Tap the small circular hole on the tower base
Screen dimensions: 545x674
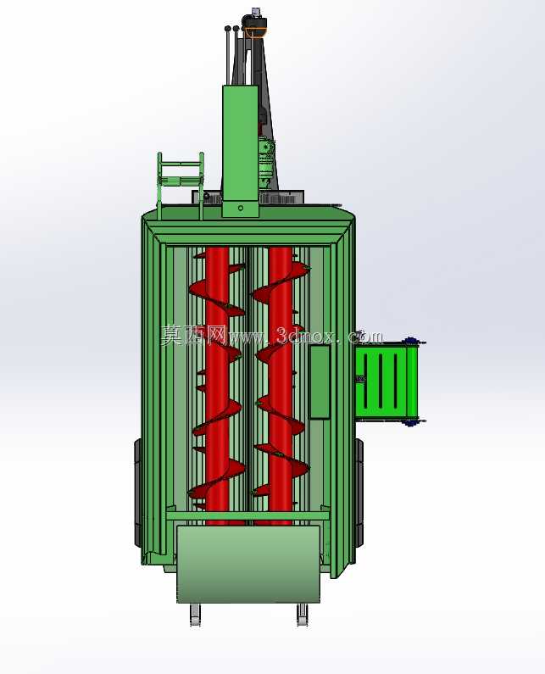[x=241, y=208]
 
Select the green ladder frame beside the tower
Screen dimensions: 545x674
[x=181, y=185]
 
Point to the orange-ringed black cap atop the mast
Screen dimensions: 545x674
[x=255, y=25]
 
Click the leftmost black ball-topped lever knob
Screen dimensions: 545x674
[x=227, y=29]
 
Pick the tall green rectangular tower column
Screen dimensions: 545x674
[x=240, y=151]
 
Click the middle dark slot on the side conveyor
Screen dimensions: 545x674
[x=380, y=380]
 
